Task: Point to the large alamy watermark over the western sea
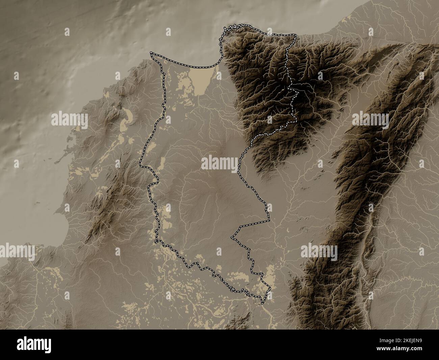(70, 119)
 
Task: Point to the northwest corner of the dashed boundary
(152, 53)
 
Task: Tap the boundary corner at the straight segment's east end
(269, 220)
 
